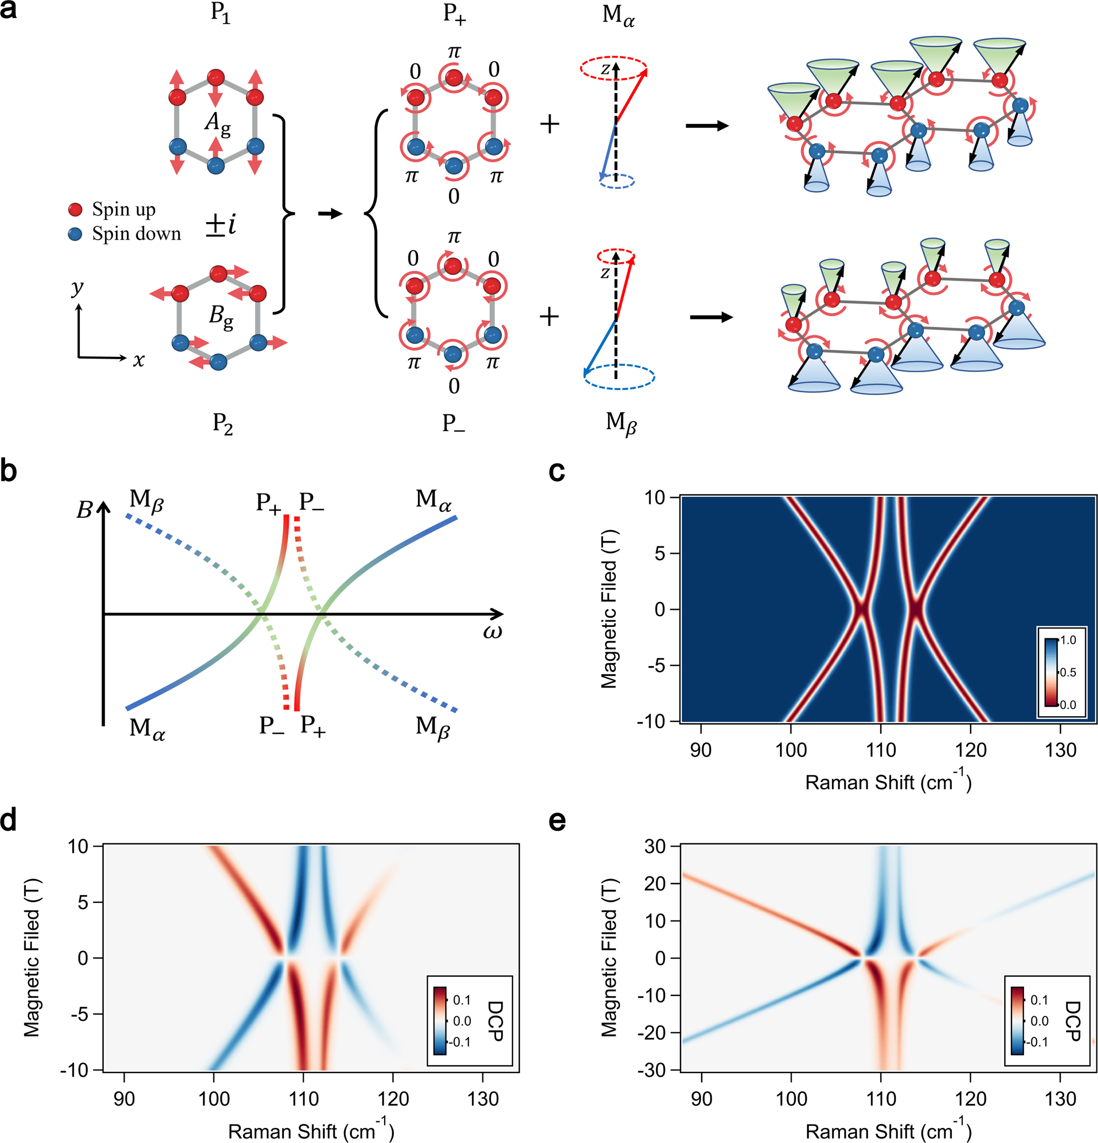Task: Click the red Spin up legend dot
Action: [x=76, y=210]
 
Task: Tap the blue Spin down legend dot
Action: [x=76, y=235]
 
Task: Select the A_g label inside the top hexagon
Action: [x=218, y=123]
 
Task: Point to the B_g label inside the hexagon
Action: [x=221, y=317]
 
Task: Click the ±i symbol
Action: [x=221, y=225]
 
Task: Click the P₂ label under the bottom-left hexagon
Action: [x=222, y=424]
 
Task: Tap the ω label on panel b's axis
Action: [x=492, y=632]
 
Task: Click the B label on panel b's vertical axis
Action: [x=84, y=510]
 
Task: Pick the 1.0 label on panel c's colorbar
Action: [x=1068, y=640]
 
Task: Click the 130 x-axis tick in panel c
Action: [x=1060, y=749]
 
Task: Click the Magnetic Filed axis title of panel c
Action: [x=609, y=609]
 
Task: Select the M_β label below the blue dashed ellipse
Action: [x=621, y=424]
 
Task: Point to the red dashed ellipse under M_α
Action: [x=613, y=68]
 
